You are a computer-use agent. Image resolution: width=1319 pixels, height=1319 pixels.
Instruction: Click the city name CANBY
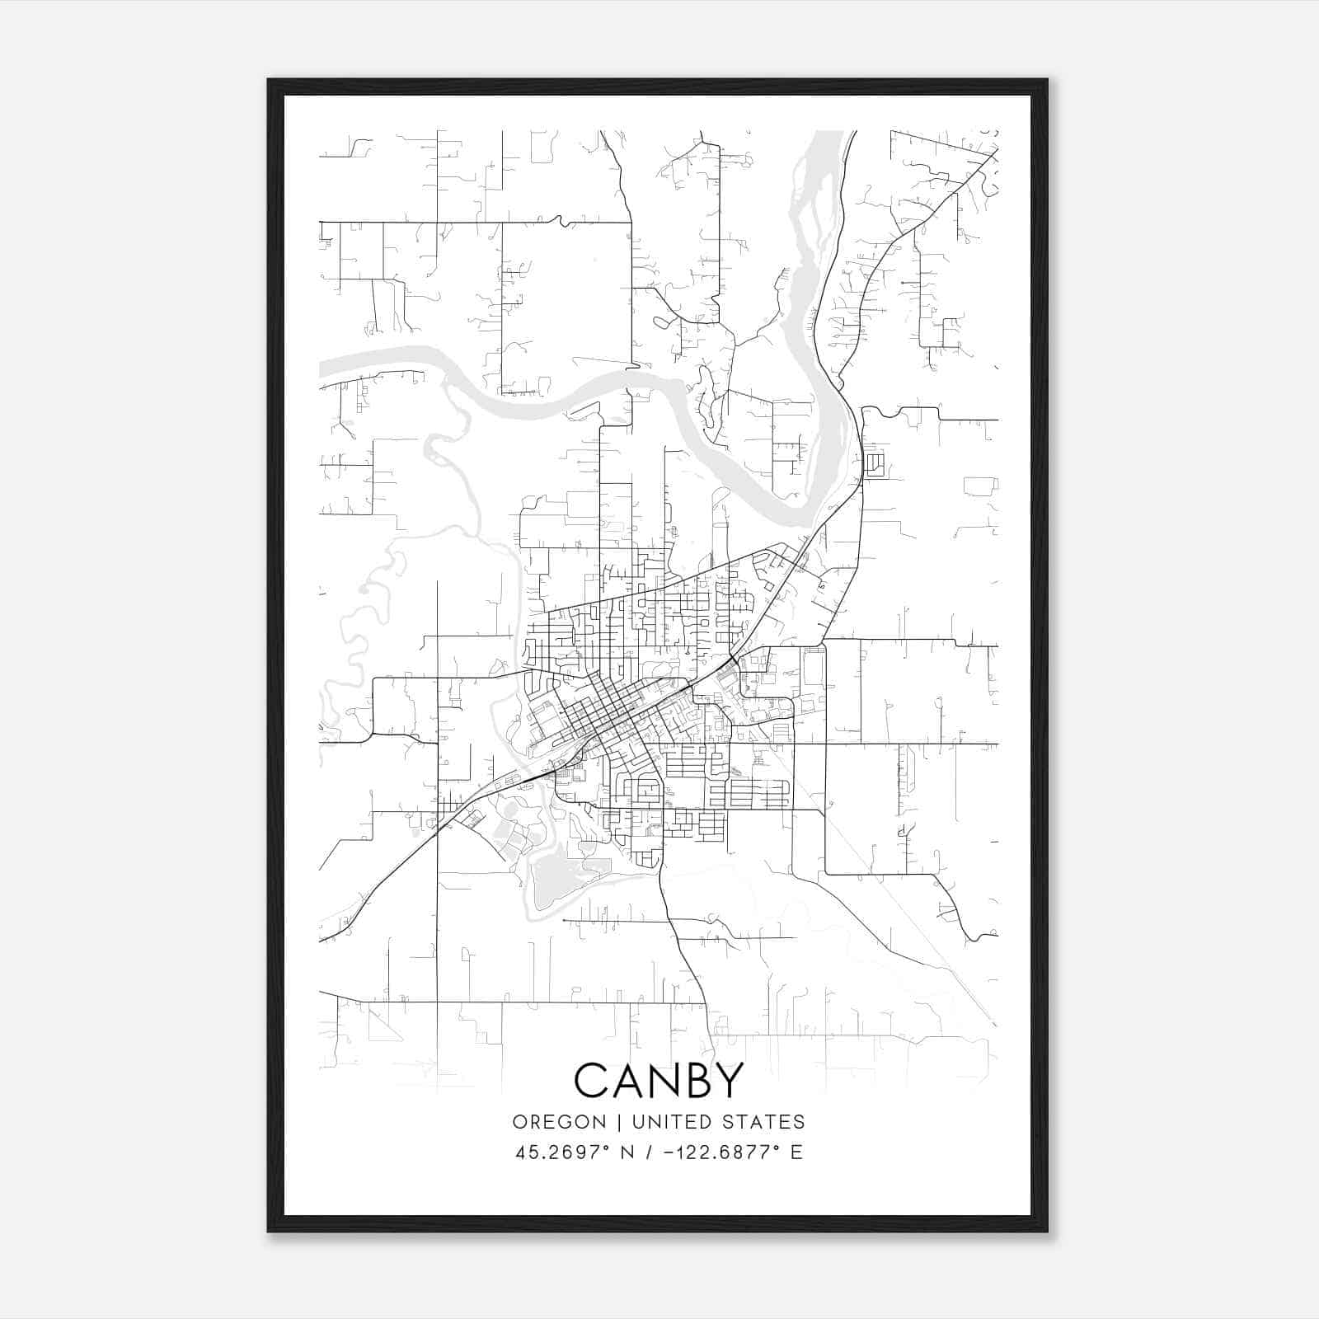[x=659, y=1081]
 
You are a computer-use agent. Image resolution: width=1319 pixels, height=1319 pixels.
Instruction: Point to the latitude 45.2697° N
[x=575, y=1152]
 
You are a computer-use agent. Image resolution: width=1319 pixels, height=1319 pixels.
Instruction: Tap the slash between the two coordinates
[x=649, y=1152]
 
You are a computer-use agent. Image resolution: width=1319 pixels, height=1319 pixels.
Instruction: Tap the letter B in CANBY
[x=695, y=1081]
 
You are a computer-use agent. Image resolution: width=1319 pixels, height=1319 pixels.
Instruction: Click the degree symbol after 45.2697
[x=613, y=1147]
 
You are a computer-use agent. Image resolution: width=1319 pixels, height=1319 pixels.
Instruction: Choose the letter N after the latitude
[x=627, y=1152]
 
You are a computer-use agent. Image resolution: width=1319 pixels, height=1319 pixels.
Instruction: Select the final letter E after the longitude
[x=796, y=1152]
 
